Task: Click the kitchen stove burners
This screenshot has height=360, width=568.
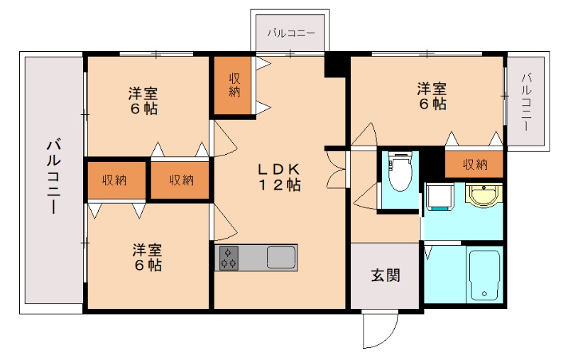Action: (x=229, y=256)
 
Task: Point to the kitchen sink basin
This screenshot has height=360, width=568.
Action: (x=282, y=256)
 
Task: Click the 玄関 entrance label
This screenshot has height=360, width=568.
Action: (x=385, y=276)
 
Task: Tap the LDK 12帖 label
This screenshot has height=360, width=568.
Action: (x=278, y=178)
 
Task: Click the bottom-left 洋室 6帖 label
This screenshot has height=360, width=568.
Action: (x=147, y=258)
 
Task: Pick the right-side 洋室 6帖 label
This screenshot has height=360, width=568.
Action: (x=431, y=96)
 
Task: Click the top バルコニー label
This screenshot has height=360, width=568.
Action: (x=290, y=33)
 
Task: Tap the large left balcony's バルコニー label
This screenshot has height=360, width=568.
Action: (x=53, y=178)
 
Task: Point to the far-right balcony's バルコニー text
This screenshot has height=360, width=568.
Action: (x=526, y=100)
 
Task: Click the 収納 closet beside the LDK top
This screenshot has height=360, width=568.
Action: (x=234, y=85)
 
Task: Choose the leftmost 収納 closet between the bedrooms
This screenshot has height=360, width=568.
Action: (x=114, y=180)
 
